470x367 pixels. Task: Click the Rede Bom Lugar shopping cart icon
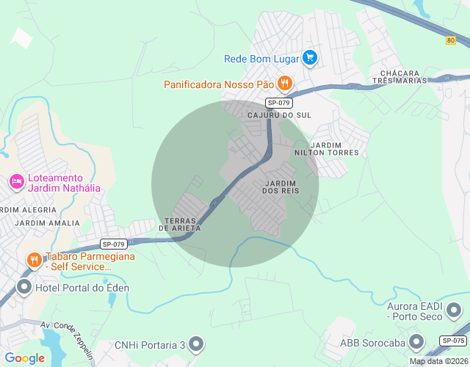pyautogui.click(x=310, y=57)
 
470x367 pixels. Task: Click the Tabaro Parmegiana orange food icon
pyautogui.click(x=33, y=260)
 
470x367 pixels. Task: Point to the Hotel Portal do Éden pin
pyautogui.click(x=24, y=287)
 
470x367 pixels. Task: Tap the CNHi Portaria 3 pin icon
pyautogui.click(x=196, y=344)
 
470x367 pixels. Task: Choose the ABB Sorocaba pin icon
pyautogui.click(x=416, y=341)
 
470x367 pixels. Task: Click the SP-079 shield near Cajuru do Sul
pyautogui.click(x=279, y=103)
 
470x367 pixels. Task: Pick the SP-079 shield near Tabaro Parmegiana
pyautogui.click(x=114, y=244)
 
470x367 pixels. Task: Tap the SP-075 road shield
pyautogui.click(x=454, y=341)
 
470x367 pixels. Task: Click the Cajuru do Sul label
pyautogui.click(x=280, y=116)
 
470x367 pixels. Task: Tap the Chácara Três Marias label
pyautogui.click(x=400, y=77)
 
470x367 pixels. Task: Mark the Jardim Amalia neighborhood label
pyautogui.click(x=46, y=222)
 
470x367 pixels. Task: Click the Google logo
pyautogui.click(x=25, y=358)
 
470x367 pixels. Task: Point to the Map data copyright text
pyautogui.click(x=438, y=361)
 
